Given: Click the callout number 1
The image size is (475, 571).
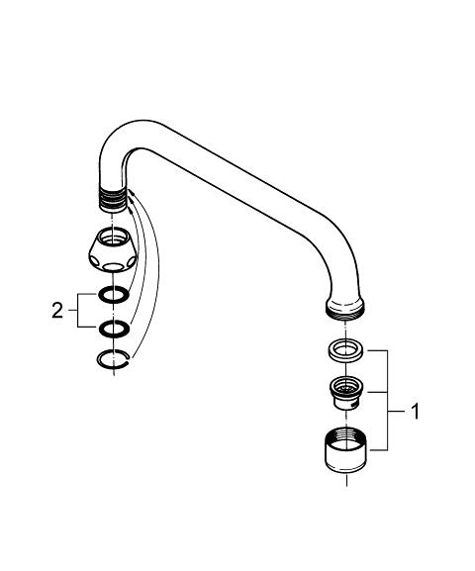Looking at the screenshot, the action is point(415,412).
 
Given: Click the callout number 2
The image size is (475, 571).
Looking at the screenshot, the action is point(57,311).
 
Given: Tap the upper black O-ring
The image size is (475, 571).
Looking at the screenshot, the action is point(114,294).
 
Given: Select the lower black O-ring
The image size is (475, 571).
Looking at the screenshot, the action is point(114,329).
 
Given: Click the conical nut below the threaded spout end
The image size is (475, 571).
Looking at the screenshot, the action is point(113,249).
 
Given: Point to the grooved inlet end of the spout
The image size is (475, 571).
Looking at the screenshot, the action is point(113,200).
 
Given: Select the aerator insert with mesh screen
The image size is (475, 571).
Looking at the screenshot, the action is point(345,393).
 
